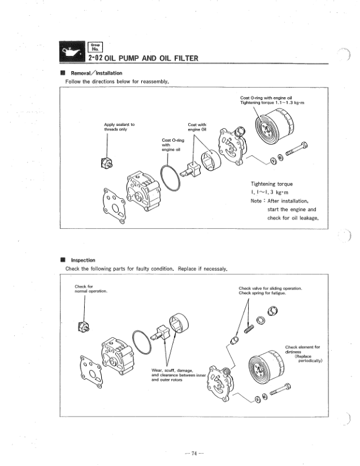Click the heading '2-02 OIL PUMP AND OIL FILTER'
143,58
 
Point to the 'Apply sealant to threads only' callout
119,127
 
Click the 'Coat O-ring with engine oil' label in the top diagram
171,145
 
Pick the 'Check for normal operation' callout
91,289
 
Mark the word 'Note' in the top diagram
258,201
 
